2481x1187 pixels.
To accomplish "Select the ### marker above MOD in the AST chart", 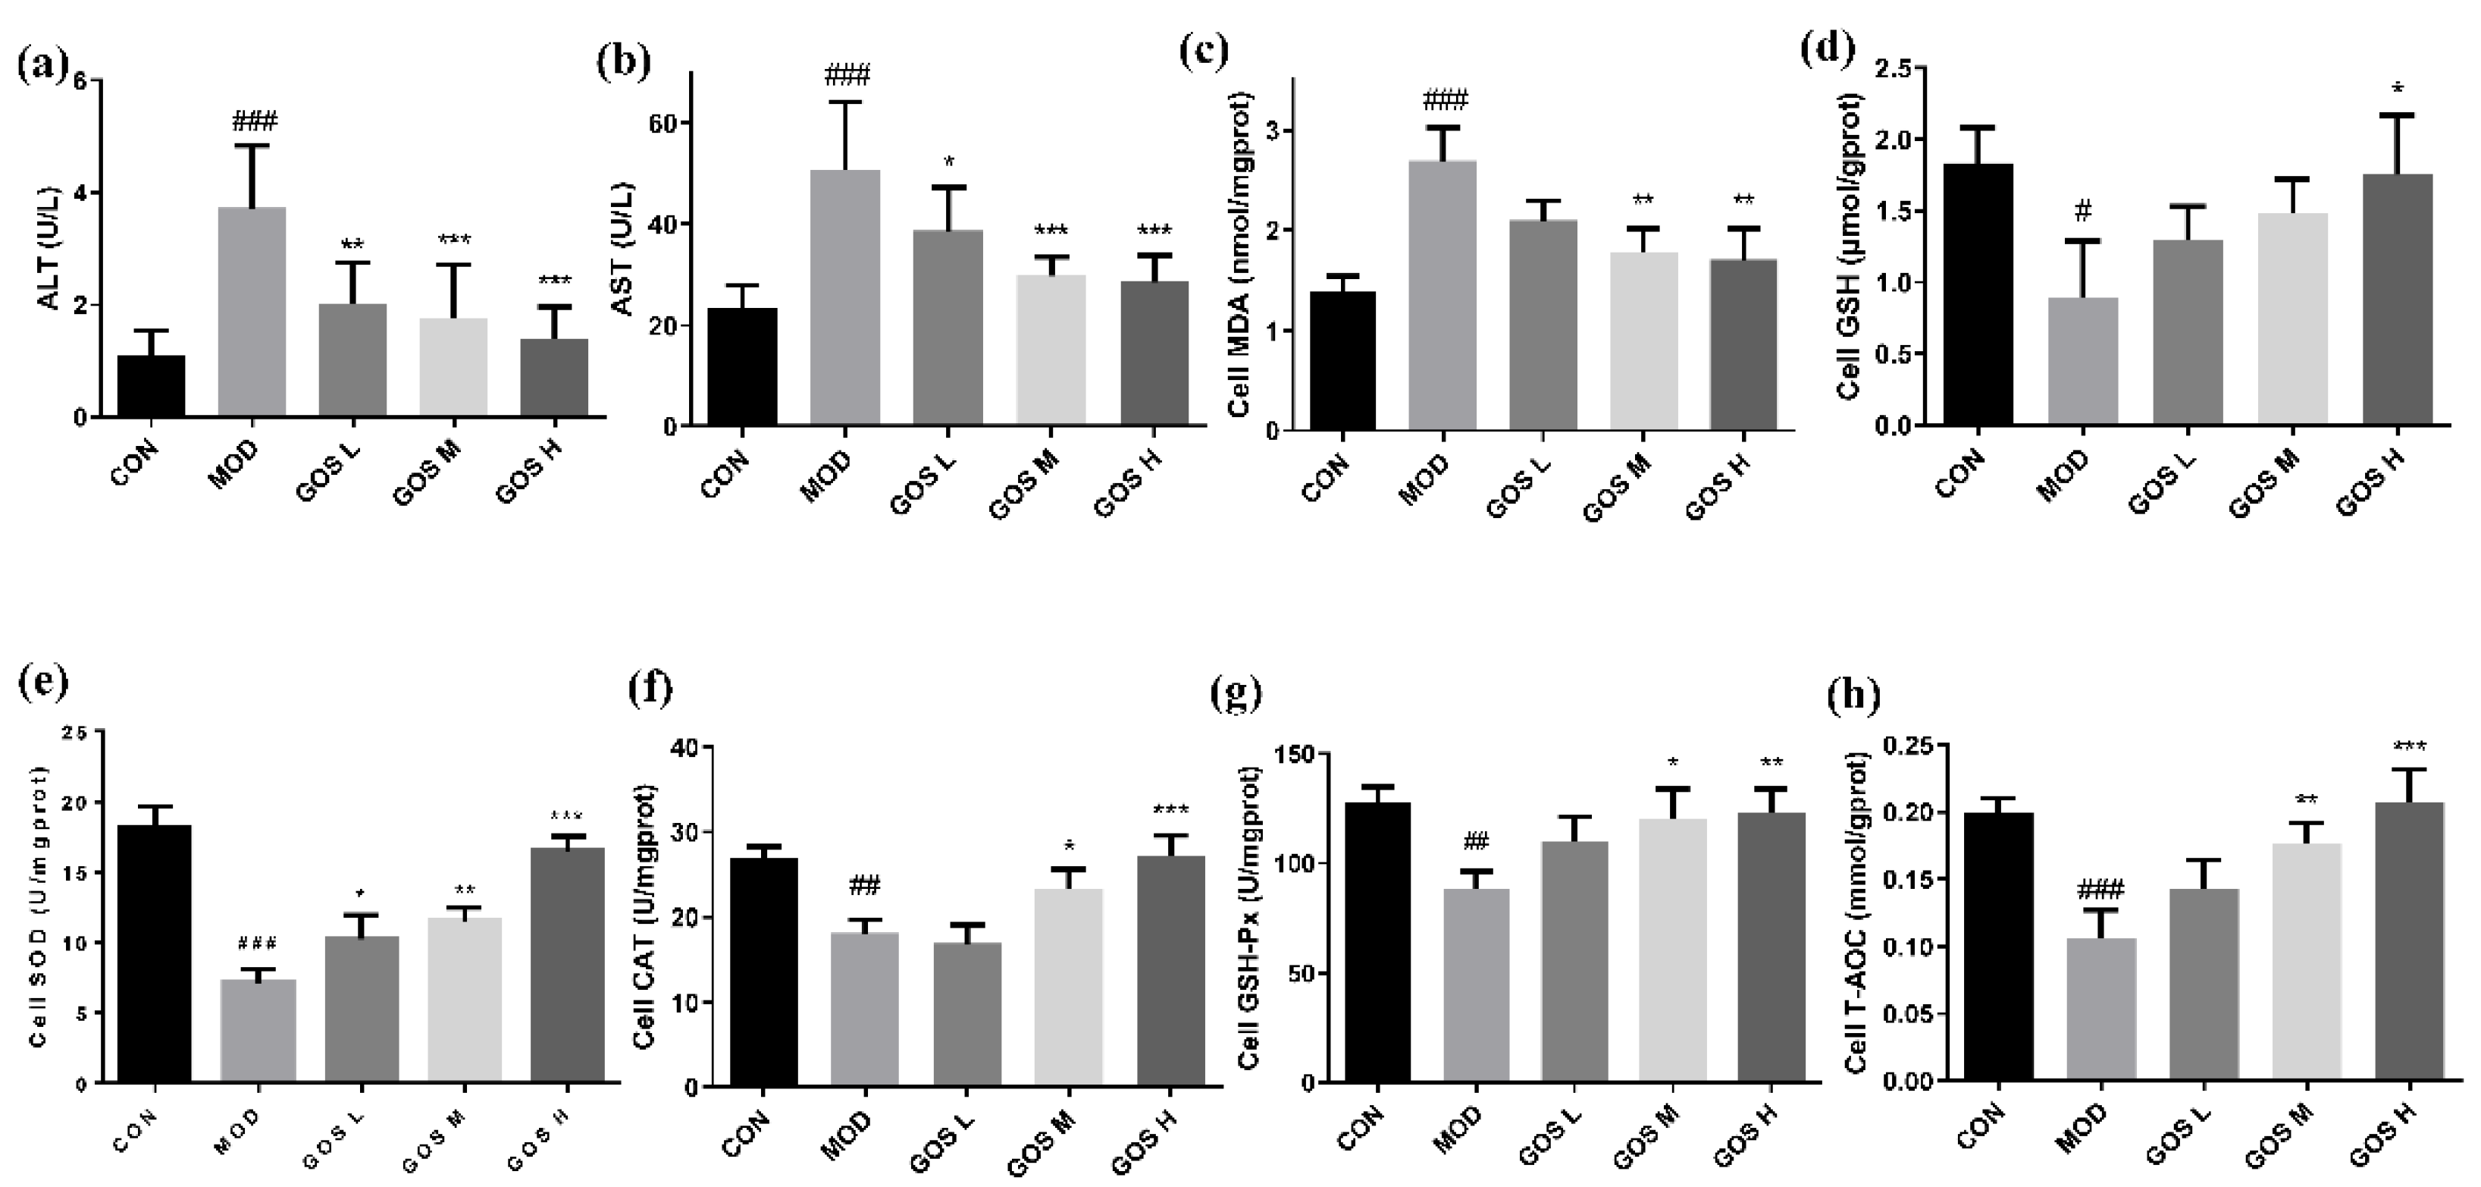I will (x=847, y=75).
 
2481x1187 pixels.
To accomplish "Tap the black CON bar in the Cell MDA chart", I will (x=1342, y=360).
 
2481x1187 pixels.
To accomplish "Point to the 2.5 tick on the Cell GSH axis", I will (x=1893, y=68).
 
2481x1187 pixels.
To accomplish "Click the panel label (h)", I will (x=1853, y=695).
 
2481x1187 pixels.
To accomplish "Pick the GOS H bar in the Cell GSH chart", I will (x=2396, y=299).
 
